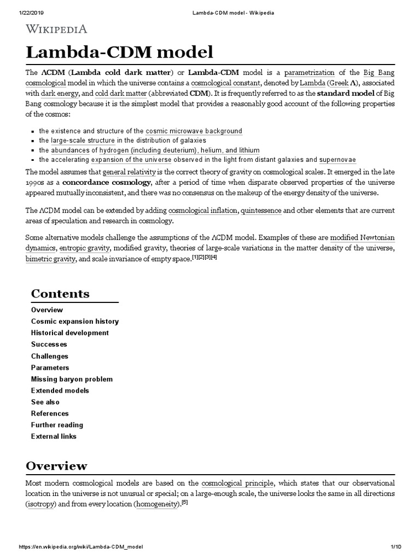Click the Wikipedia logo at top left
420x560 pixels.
pos(56,29)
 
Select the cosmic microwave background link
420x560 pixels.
pos(194,131)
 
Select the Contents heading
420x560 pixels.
pos(60,294)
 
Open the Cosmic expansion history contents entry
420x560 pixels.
pos(75,322)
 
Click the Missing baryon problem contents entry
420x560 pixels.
pos(72,379)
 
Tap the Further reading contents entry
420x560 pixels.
pos(57,425)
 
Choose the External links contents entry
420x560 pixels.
pos(54,436)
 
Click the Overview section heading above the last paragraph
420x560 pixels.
pos(56,466)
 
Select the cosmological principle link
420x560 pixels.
pos(237,484)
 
